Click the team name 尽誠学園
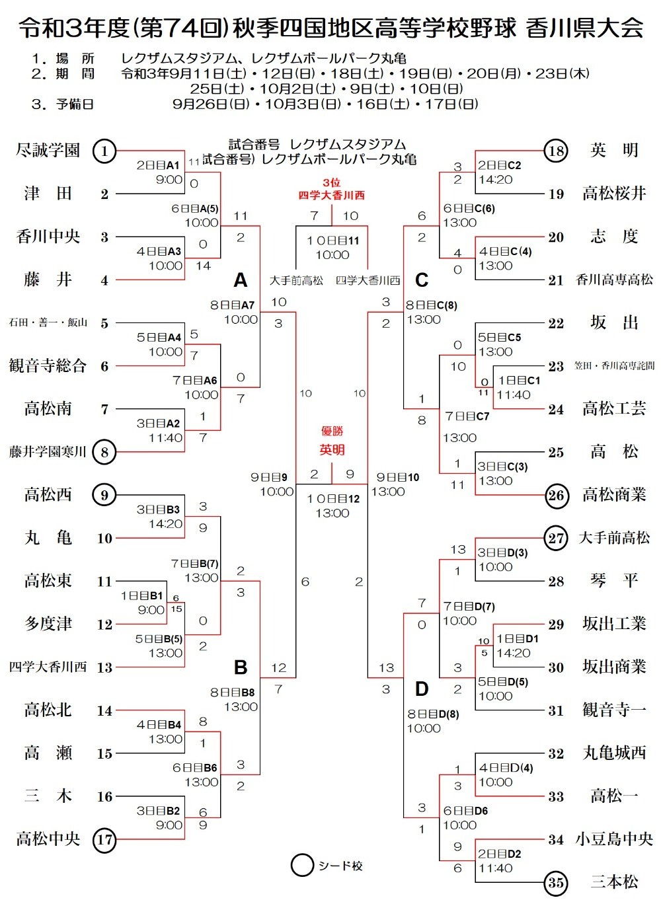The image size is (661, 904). [x=48, y=151]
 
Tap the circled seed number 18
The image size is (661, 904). [x=556, y=151]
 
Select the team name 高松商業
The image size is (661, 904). [x=614, y=495]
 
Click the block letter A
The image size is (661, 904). [x=240, y=280]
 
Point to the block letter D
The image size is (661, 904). [x=422, y=689]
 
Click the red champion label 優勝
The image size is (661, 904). [x=332, y=431]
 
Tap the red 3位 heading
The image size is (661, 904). [x=332, y=182]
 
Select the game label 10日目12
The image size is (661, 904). [x=332, y=499]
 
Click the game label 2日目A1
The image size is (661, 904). [x=158, y=165]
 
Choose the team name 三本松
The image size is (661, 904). [x=614, y=882]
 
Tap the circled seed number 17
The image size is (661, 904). [x=104, y=840]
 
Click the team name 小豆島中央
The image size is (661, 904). [x=614, y=839]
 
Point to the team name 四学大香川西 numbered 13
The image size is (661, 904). [x=48, y=667]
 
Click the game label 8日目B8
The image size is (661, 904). [x=232, y=693]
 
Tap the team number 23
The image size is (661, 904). [x=556, y=366]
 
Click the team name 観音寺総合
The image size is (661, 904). [x=48, y=365]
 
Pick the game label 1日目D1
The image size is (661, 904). [x=518, y=638]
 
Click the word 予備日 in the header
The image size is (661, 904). [x=75, y=104]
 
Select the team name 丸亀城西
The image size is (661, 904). [x=614, y=753]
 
